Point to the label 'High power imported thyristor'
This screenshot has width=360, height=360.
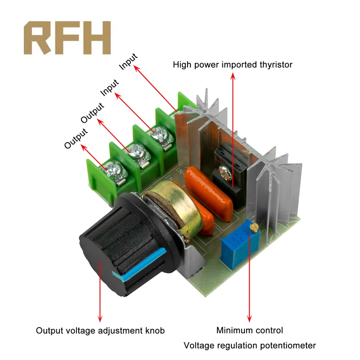tap(233, 65)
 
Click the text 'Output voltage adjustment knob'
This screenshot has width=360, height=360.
tap(100, 331)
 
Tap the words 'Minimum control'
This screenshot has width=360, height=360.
tap(250, 331)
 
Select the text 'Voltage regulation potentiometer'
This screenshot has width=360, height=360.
tap(250, 346)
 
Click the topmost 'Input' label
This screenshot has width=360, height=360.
tap(128, 62)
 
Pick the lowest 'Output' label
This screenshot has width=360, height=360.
tap(75, 139)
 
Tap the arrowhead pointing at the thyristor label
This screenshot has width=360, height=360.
tap(233, 76)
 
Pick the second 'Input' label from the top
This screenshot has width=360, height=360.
tap(109, 87)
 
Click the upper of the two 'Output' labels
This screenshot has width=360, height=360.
tap(92, 113)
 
